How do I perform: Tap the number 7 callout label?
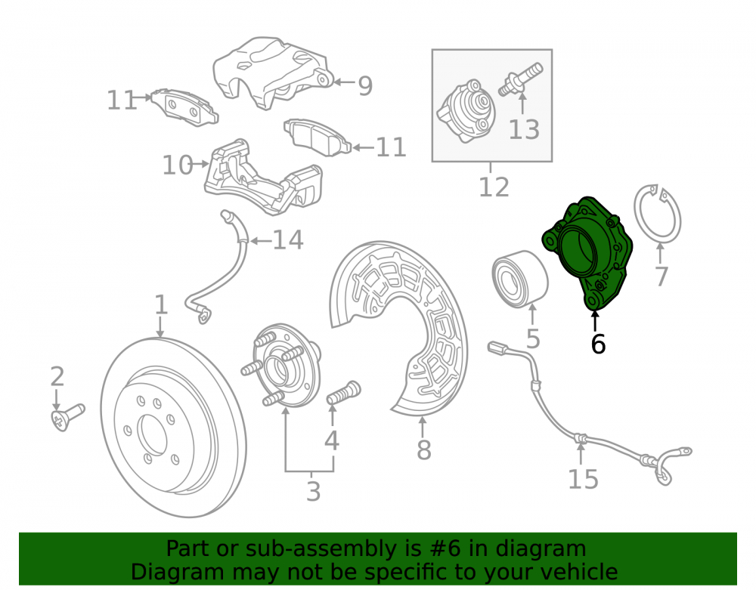pyautogui.click(x=661, y=276)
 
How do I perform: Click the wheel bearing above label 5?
pyautogui.click(x=520, y=279)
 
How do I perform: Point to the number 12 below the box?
pyautogui.click(x=494, y=188)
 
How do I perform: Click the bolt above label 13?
pyautogui.click(x=520, y=79)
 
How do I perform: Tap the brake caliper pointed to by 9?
pyautogui.click(x=272, y=73)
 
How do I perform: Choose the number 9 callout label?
pyautogui.click(x=365, y=86)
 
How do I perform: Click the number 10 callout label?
pyautogui.click(x=178, y=165)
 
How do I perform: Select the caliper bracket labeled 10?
pyautogui.click(x=263, y=178)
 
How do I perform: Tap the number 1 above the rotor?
pyautogui.click(x=160, y=305)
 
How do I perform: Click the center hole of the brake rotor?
pyautogui.click(x=153, y=436)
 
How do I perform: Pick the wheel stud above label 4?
pyautogui.click(x=343, y=393)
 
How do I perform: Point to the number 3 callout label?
pyautogui.click(x=314, y=492)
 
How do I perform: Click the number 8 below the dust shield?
pyautogui.click(x=424, y=450)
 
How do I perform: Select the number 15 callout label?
pyautogui.click(x=584, y=480)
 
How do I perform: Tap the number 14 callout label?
pyautogui.click(x=288, y=240)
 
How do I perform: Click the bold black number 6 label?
pyautogui.click(x=598, y=344)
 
